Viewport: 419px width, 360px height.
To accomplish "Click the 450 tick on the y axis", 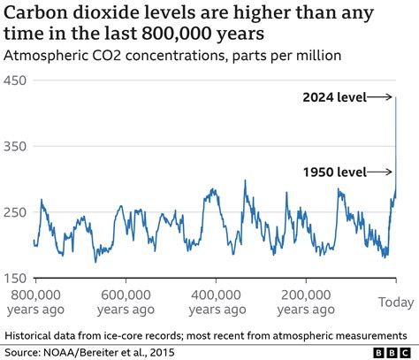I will (17, 80).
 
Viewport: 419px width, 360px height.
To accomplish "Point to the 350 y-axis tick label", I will (17, 146).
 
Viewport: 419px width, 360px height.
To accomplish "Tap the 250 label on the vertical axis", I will (17, 212).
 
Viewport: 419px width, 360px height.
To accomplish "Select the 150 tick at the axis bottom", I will (17, 278).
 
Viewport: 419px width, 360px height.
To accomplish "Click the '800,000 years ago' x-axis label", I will (35, 301).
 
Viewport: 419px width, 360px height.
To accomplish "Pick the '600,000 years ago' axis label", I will (126, 301).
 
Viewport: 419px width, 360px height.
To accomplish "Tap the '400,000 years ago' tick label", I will (216, 301).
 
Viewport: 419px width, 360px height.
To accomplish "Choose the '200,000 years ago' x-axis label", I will (306, 301).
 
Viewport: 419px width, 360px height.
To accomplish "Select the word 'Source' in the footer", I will (26, 351).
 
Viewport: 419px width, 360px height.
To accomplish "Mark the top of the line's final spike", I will (395, 97).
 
